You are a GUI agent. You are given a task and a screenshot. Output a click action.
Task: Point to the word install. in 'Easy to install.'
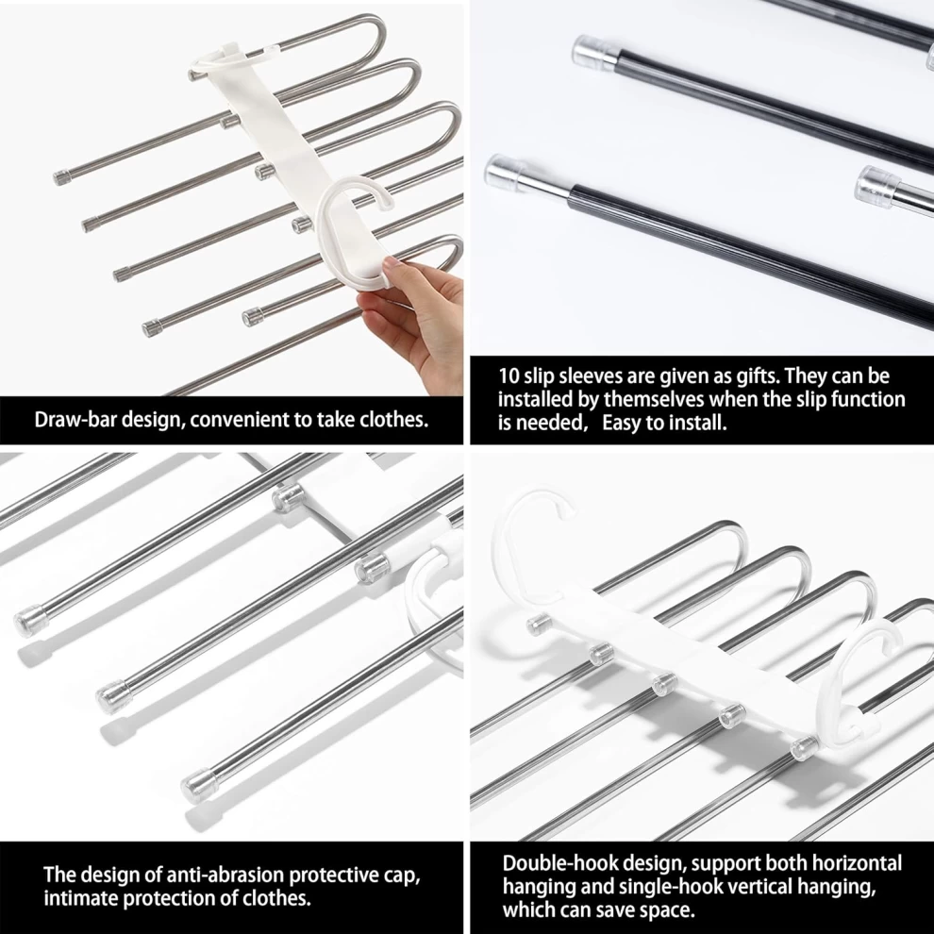pyautogui.click(x=698, y=423)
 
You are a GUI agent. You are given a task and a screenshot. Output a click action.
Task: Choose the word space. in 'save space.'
pyautogui.click(x=667, y=910)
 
